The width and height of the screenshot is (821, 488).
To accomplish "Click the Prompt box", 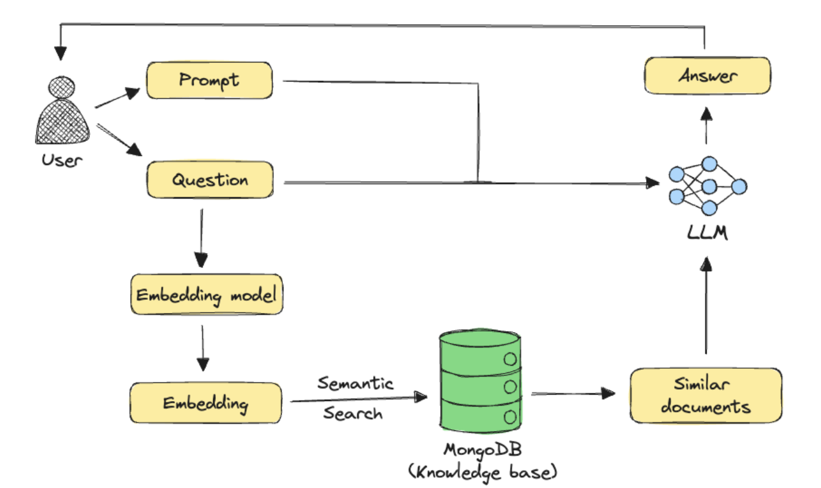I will coord(209,80).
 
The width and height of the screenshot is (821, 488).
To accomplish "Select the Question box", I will coord(209,180).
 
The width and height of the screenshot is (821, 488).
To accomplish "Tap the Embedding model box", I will coord(206,296).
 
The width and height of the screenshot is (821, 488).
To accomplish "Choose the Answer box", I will coord(707,76).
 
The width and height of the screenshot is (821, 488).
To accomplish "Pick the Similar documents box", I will coord(705,396).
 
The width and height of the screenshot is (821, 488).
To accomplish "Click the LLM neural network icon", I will coord(708,186).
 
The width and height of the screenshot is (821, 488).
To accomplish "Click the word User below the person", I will coord(62,161).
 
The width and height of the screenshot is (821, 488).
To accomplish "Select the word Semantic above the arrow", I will coord(355,383).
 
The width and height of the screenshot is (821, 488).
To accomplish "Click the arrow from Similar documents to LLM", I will coord(707,306).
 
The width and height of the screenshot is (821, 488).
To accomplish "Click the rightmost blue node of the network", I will coord(739,186).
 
